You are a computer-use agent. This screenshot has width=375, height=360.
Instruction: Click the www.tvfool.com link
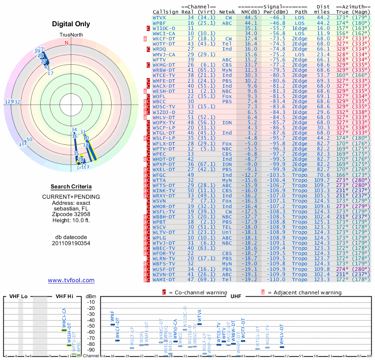tap(71, 280)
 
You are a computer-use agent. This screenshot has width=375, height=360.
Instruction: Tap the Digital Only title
tap(71, 24)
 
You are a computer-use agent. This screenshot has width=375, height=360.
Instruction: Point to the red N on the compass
tap(67, 43)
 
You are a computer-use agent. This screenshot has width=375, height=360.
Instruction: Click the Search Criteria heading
tap(71, 187)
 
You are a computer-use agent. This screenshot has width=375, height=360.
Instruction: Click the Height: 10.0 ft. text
tap(71, 221)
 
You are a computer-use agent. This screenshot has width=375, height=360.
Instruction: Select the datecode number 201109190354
tap(71, 243)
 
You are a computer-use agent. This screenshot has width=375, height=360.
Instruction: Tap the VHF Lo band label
tap(19, 297)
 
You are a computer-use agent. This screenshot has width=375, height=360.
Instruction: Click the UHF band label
tap(236, 297)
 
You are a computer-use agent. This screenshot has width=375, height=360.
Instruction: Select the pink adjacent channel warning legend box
tap(263, 292)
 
